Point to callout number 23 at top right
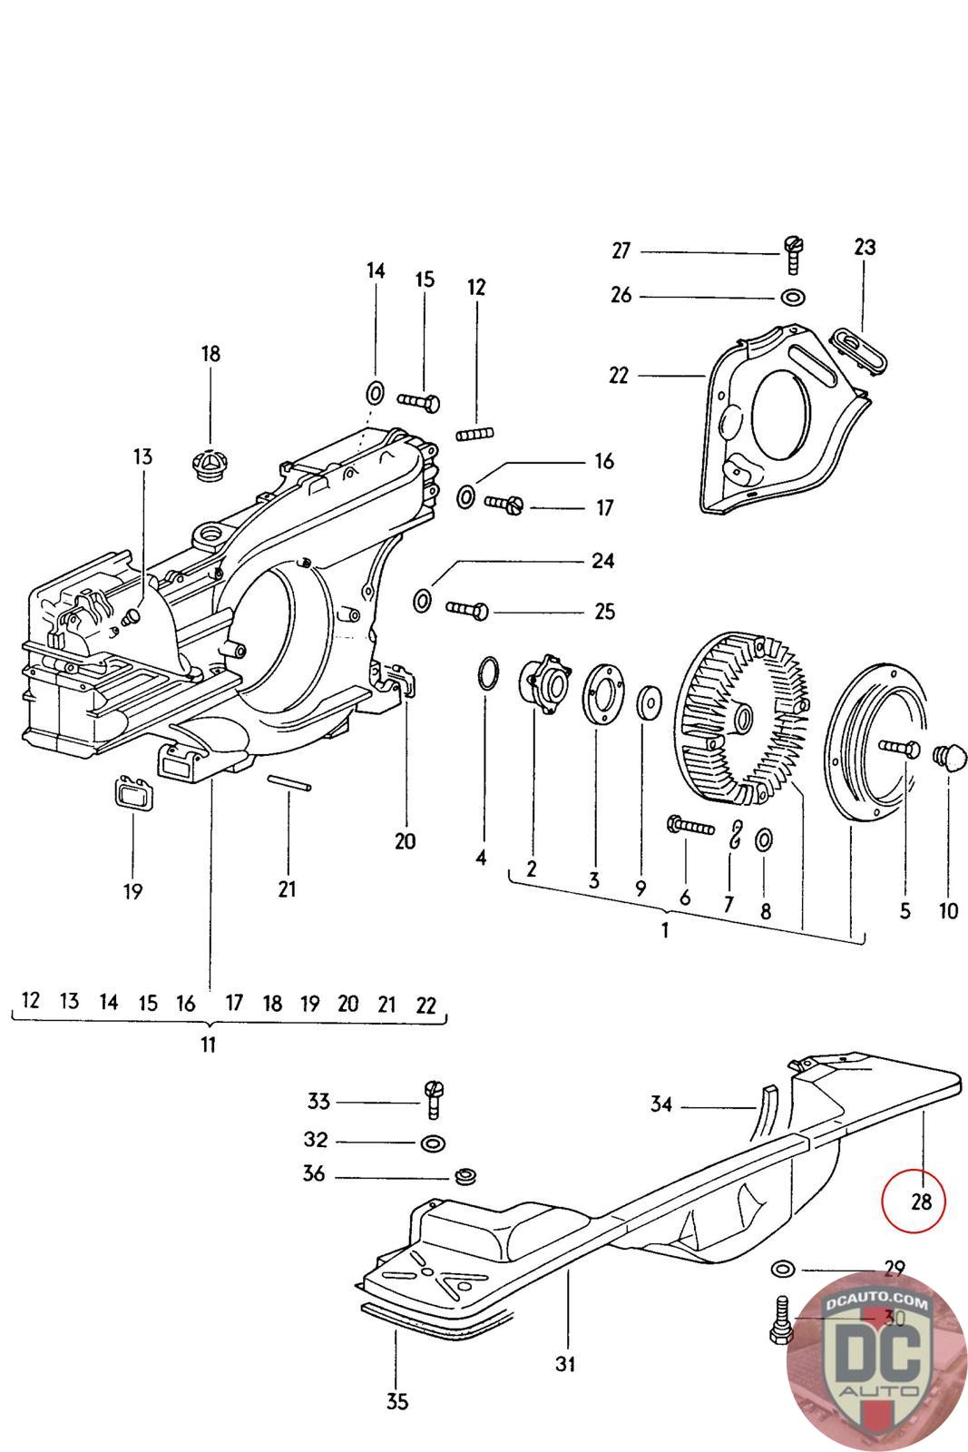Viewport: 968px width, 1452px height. click(x=864, y=247)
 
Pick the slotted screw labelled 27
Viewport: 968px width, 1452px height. click(x=792, y=253)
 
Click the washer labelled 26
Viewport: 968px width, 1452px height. click(x=792, y=297)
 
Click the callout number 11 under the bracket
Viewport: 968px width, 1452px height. click(x=209, y=1045)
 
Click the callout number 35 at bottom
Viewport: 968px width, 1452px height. click(x=396, y=1401)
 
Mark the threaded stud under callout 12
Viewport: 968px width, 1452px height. click(x=473, y=434)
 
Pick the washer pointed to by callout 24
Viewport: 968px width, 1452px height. click(x=422, y=600)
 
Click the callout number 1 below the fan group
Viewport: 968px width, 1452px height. click(x=665, y=930)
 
